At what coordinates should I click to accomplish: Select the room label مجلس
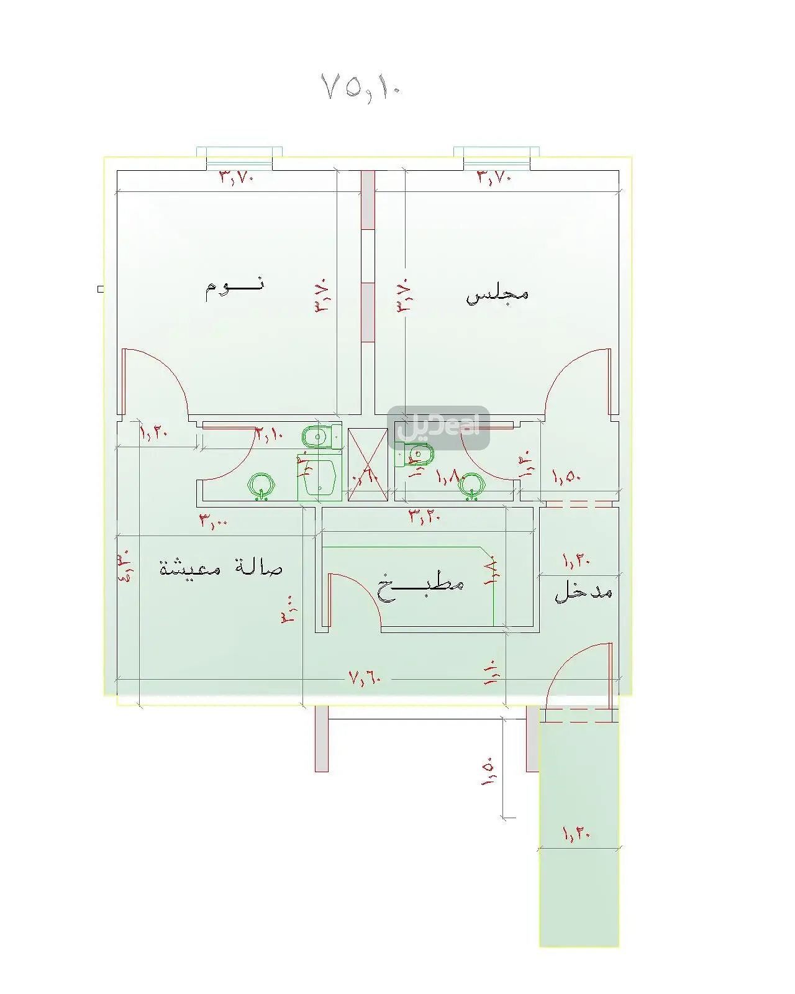(497, 294)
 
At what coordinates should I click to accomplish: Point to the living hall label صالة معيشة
(221, 568)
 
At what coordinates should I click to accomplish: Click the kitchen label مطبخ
(420, 586)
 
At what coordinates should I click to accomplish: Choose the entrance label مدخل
(583, 591)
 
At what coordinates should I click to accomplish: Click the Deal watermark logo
(438, 427)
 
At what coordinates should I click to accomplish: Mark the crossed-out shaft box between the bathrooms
(368, 465)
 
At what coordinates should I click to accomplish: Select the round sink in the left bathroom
(261, 485)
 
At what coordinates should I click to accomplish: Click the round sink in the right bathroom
(471, 484)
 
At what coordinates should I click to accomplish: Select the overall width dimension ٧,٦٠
(365, 677)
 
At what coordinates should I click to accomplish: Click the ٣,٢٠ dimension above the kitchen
(424, 516)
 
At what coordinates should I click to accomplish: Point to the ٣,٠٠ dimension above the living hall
(213, 521)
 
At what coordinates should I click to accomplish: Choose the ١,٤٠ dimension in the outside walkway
(576, 833)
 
